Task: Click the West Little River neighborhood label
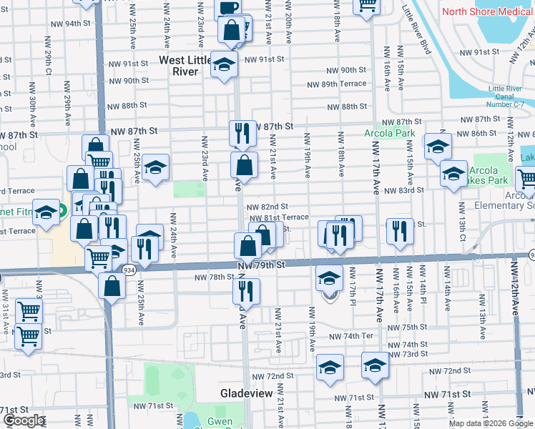coord(186,65)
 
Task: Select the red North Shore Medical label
coord(488,11)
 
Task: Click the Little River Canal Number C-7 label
coord(506,96)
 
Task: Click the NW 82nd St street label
coord(267,207)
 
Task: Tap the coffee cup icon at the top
coord(228,8)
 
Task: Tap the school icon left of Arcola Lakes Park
coord(453,173)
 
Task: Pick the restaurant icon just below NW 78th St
coord(245,290)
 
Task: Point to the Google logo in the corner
coord(24,420)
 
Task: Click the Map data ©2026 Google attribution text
coord(490,423)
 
